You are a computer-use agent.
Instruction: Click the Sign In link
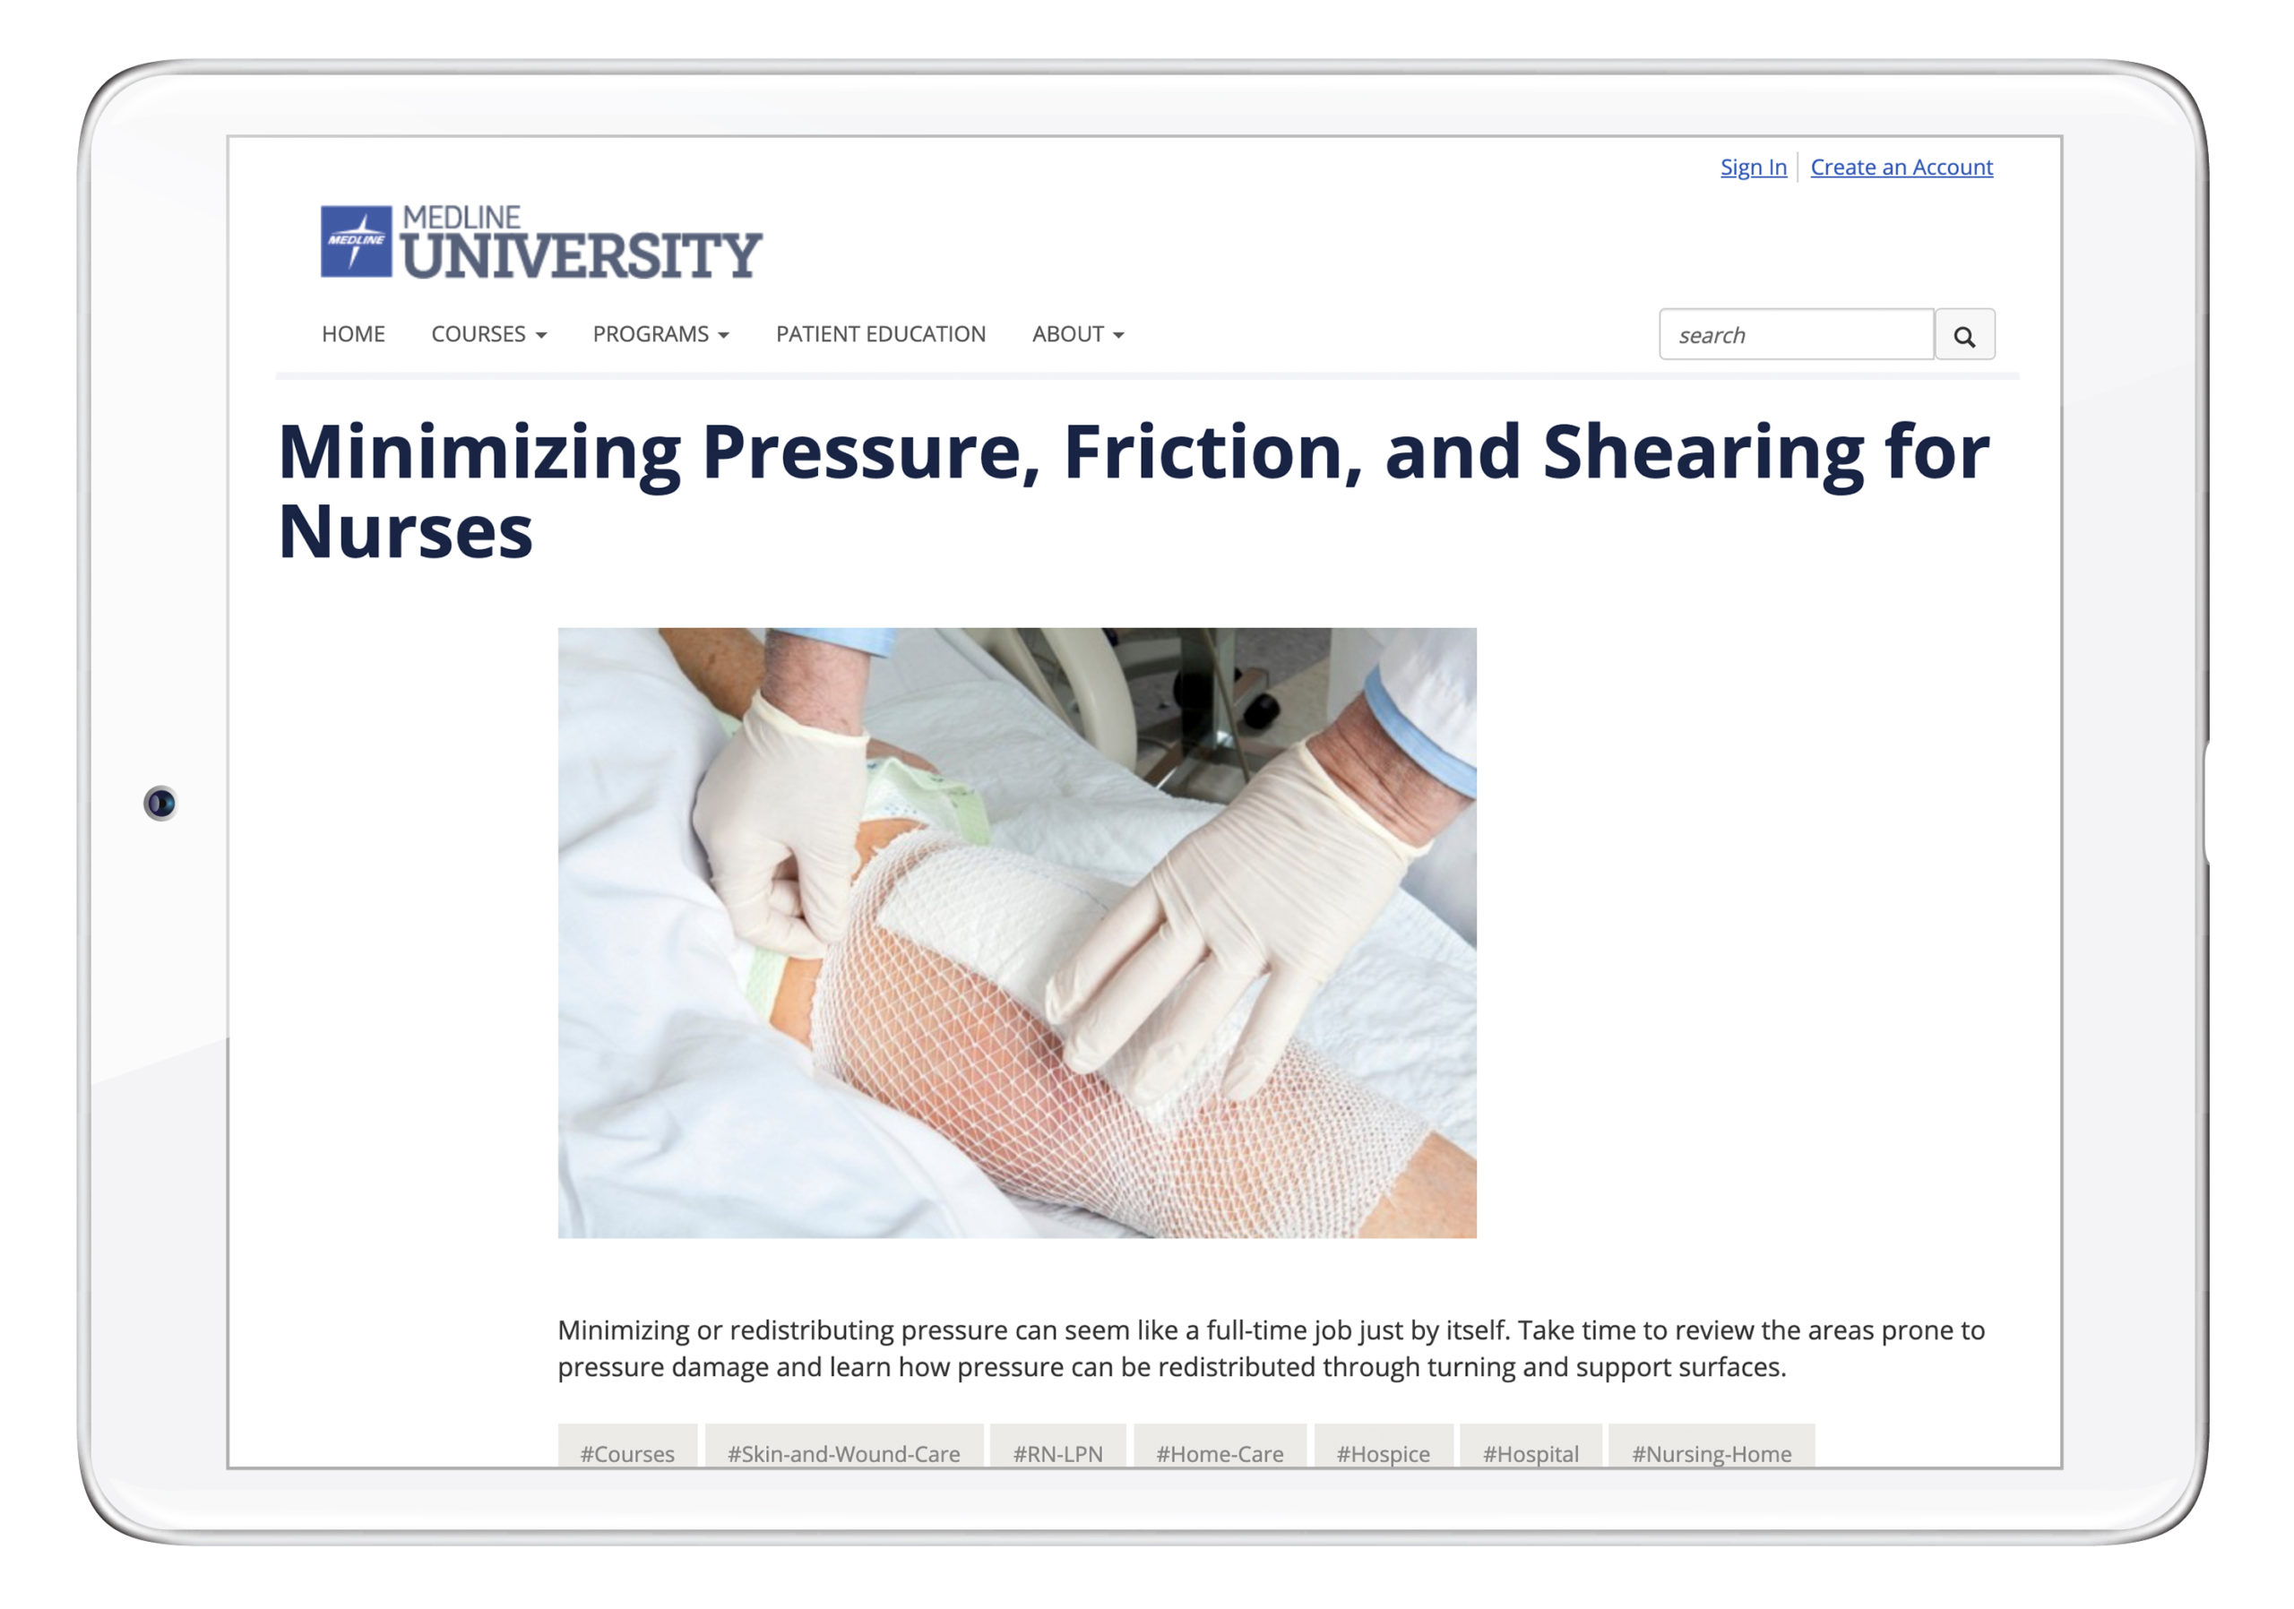tap(1753, 167)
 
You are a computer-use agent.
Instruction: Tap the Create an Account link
tap(1902, 167)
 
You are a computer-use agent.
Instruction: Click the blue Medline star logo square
tap(356, 241)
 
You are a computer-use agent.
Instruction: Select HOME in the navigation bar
tap(353, 333)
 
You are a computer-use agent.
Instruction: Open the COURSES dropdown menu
tap(488, 333)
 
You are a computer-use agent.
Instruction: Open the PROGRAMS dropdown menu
tap(660, 333)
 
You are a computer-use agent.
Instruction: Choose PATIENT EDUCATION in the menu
tap(880, 333)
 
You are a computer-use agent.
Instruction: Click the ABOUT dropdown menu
tap(1078, 333)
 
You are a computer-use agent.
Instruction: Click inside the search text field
tap(1796, 334)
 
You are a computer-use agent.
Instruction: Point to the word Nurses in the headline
tap(405, 531)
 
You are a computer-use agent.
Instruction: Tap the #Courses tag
tap(627, 1452)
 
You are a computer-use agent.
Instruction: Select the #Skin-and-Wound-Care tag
tap(843, 1452)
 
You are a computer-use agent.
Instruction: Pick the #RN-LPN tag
tap(1058, 1452)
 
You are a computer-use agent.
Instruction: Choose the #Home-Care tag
tap(1220, 1452)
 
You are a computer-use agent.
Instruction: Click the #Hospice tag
tap(1383, 1452)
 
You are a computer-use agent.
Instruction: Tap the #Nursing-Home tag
tap(1712, 1452)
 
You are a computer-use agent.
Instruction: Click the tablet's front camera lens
tap(160, 803)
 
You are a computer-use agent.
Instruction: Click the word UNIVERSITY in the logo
tap(582, 255)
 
